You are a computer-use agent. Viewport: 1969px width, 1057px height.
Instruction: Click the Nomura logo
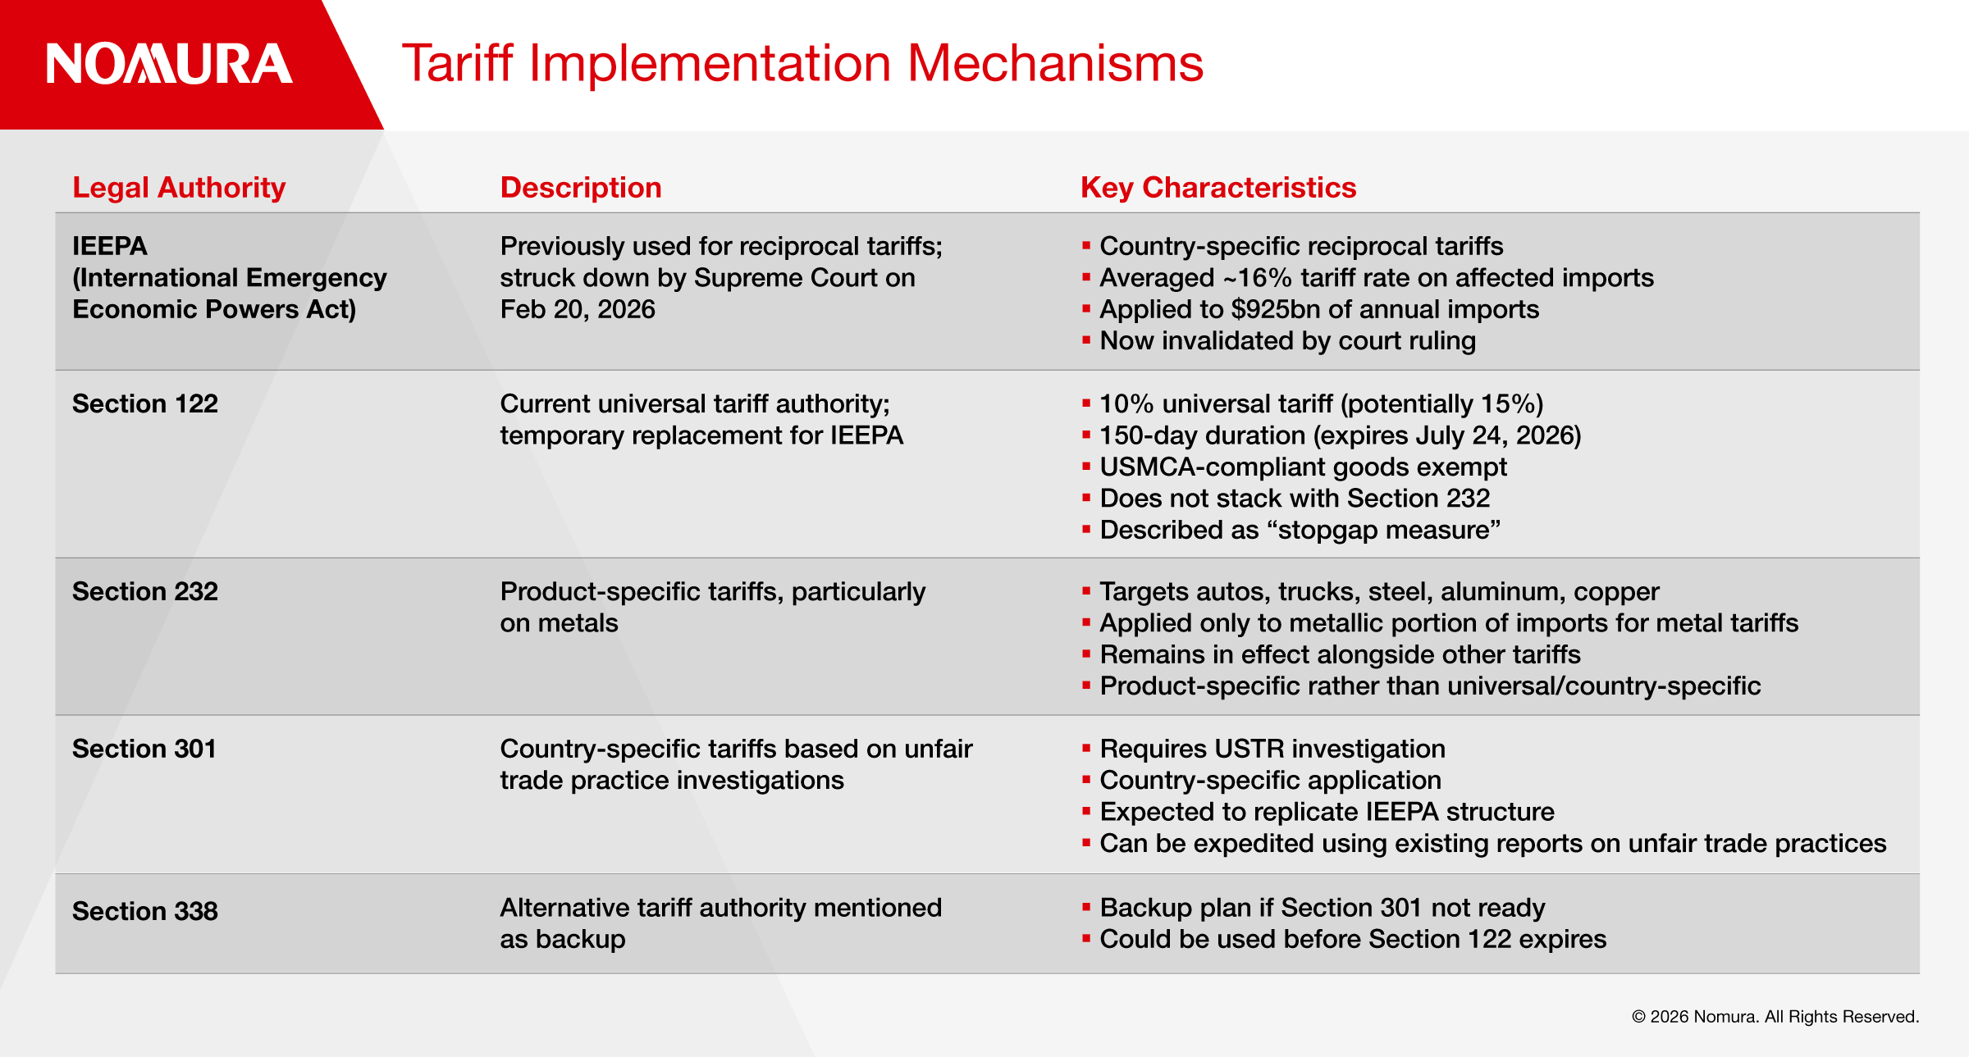point(169,64)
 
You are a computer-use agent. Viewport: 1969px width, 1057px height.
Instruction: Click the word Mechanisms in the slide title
point(1055,63)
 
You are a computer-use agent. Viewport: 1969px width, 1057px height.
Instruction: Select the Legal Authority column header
point(179,188)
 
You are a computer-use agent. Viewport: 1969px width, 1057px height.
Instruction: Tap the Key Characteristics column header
point(1218,188)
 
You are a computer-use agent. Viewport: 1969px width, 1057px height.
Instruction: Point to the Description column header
point(581,188)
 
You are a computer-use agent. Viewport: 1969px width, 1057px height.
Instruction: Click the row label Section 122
point(145,403)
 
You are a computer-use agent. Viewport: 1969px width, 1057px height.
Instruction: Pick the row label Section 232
point(145,591)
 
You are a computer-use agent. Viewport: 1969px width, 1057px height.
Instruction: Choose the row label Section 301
point(144,749)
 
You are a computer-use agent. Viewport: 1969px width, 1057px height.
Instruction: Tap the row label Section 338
point(145,911)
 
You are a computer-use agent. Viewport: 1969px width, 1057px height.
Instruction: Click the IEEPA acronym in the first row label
point(110,246)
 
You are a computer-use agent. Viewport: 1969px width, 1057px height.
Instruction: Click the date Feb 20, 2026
point(578,309)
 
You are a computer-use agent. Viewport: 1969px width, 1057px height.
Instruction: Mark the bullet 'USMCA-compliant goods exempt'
point(1303,467)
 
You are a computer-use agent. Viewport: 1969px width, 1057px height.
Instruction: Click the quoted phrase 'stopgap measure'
point(1384,530)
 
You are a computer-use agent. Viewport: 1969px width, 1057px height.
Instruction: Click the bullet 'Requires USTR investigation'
point(1272,749)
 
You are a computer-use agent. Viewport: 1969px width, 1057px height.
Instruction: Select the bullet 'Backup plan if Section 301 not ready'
point(1323,908)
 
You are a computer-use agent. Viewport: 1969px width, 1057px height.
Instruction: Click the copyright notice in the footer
point(1775,1017)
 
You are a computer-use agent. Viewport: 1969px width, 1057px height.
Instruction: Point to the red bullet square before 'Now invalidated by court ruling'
point(1086,339)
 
